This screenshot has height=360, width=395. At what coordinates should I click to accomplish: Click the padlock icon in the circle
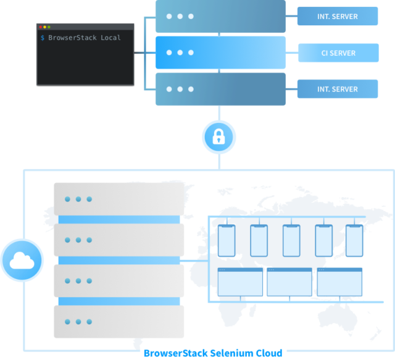pyautogui.click(x=218, y=137)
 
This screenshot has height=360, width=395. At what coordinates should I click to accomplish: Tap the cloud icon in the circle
pyautogui.click(x=22, y=260)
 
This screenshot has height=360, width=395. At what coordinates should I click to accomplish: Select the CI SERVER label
pyautogui.click(x=338, y=53)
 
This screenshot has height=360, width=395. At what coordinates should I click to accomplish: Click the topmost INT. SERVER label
pyautogui.click(x=338, y=17)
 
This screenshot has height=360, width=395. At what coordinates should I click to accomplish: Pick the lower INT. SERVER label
pyautogui.click(x=338, y=89)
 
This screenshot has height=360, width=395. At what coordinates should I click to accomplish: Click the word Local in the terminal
pyautogui.click(x=110, y=38)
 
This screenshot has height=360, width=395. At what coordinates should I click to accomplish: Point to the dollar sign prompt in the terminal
pyautogui.click(x=42, y=38)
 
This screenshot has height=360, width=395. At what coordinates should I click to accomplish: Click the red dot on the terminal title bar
pyautogui.click(x=41, y=27)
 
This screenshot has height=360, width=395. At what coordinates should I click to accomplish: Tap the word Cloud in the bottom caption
pyautogui.click(x=267, y=353)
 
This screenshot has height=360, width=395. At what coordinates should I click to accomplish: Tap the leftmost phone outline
pyautogui.click(x=227, y=241)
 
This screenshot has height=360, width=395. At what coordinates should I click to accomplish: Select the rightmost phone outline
pyautogui.click(x=354, y=241)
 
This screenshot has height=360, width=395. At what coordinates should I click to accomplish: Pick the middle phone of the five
pyautogui.click(x=291, y=241)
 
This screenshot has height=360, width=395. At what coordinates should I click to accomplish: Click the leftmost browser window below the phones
pyautogui.click(x=240, y=282)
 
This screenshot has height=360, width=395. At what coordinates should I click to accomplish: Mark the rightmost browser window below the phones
pyautogui.click(x=339, y=282)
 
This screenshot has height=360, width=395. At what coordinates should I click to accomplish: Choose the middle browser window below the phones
pyautogui.click(x=289, y=282)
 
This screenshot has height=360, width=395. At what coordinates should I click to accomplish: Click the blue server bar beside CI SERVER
pyautogui.click(x=220, y=52)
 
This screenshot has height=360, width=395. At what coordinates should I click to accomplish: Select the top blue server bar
pyautogui.click(x=220, y=17)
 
